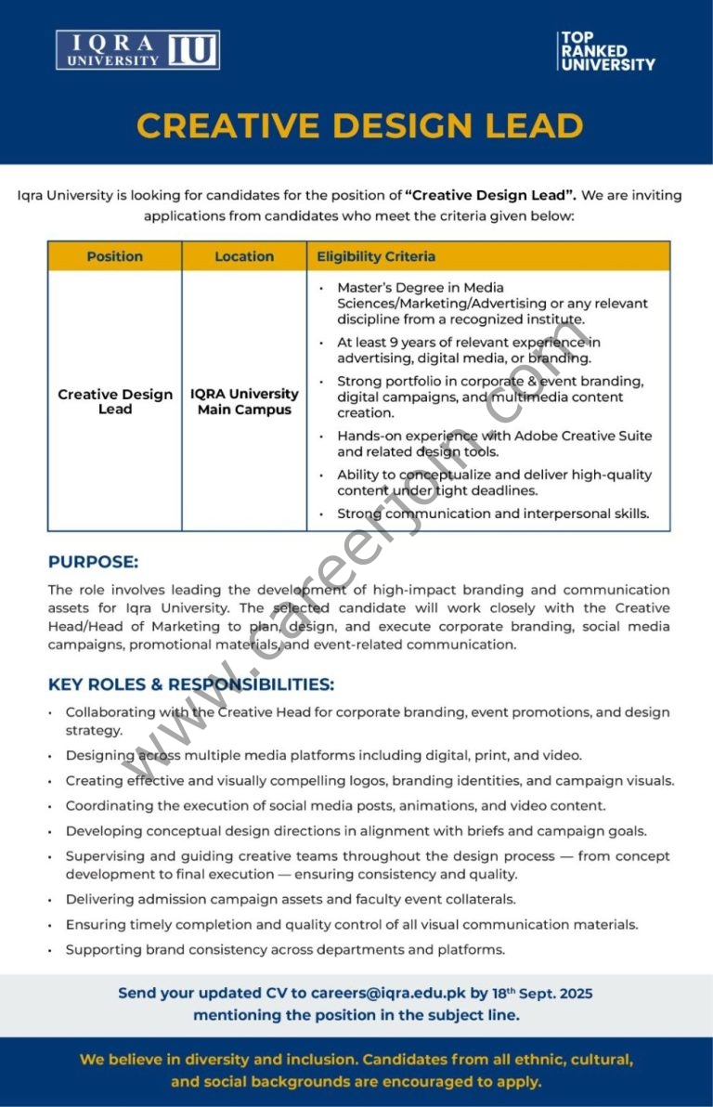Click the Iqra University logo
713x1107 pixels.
point(137,50)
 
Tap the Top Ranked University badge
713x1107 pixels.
point(607,51)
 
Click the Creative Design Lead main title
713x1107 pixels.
point(360,125)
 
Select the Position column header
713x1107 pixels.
point(115,256)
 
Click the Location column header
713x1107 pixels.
point(244,256)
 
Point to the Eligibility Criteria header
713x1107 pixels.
point(376,256)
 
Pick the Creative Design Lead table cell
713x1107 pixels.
point(115,401)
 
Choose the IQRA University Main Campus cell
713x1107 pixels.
point(244,401)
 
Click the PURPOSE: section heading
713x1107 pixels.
point(93,562)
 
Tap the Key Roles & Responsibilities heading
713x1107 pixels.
point(191,684)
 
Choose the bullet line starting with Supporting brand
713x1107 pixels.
point(285,949)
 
